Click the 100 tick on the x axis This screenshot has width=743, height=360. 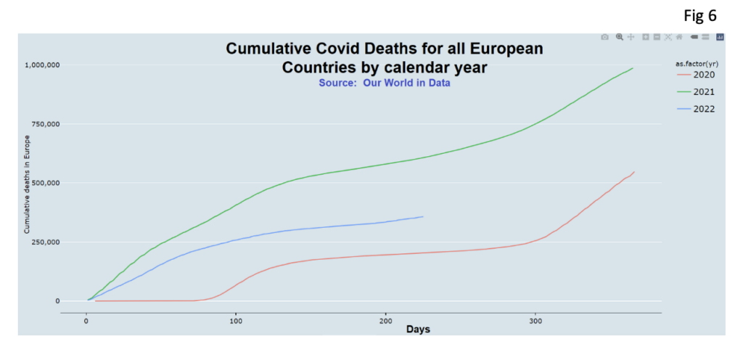point(236,320)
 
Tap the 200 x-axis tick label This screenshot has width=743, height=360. point(385,320)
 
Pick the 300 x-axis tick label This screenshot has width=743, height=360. point(535,320)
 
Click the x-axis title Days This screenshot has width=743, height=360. point(417,330)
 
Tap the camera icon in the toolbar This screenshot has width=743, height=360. point(604,37)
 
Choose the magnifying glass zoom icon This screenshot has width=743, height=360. point(619,37)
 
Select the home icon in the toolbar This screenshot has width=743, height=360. point(679,37)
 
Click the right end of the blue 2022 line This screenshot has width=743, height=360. point(423,216)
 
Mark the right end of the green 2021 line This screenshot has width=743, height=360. point(633,68)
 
